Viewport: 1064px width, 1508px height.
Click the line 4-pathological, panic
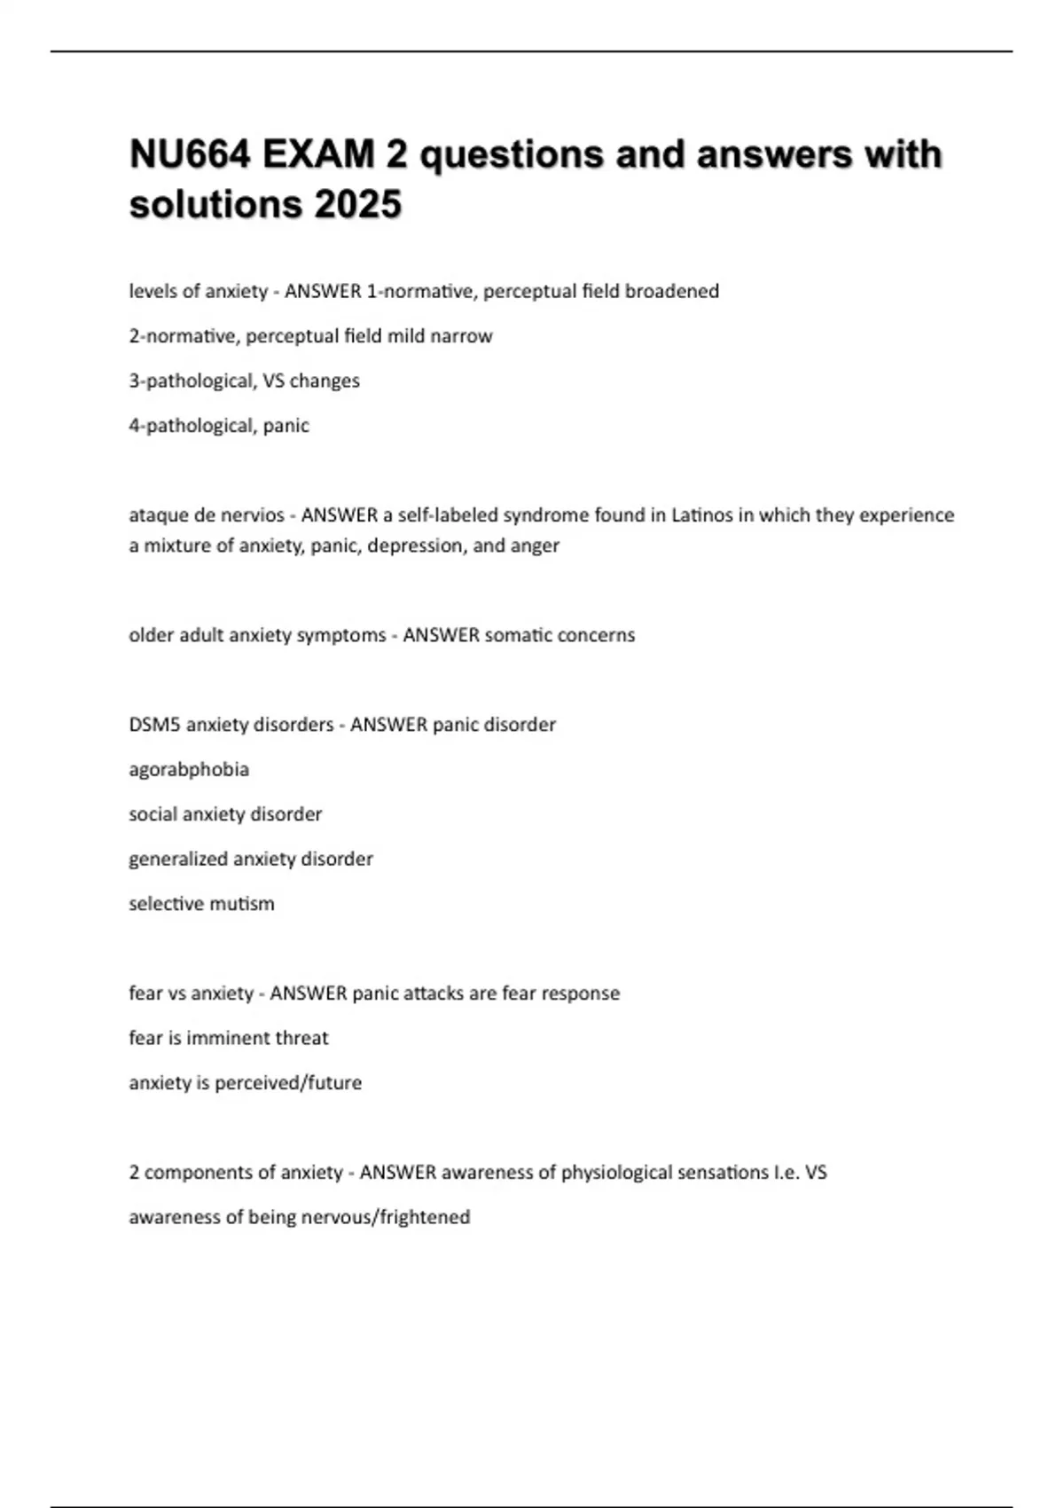pyautogui.click(x=219, y=426)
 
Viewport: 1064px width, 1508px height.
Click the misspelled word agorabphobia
pyautogui.click(x=189, y=770)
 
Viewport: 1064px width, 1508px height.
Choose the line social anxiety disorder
pyautogui.click(x=225, y=814)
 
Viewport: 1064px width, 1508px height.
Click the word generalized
pyautogui.click(x=177, y=859)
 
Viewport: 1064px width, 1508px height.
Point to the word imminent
pyautogui.click(x=229, y=1038)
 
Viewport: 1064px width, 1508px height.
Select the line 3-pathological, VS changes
pyautogui.click(x=244, y=381)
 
